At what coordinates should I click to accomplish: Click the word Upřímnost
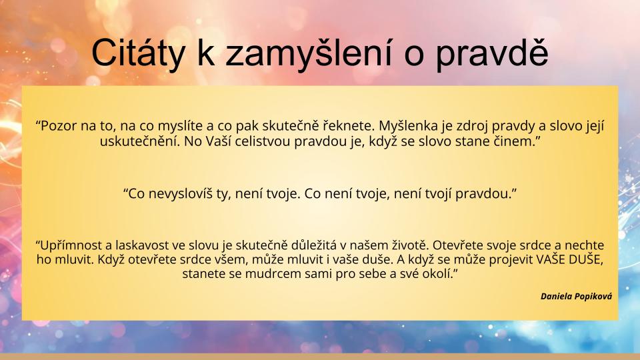[69, 245]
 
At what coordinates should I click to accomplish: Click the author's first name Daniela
[556, 296]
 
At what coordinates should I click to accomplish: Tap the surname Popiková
[593, 297]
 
